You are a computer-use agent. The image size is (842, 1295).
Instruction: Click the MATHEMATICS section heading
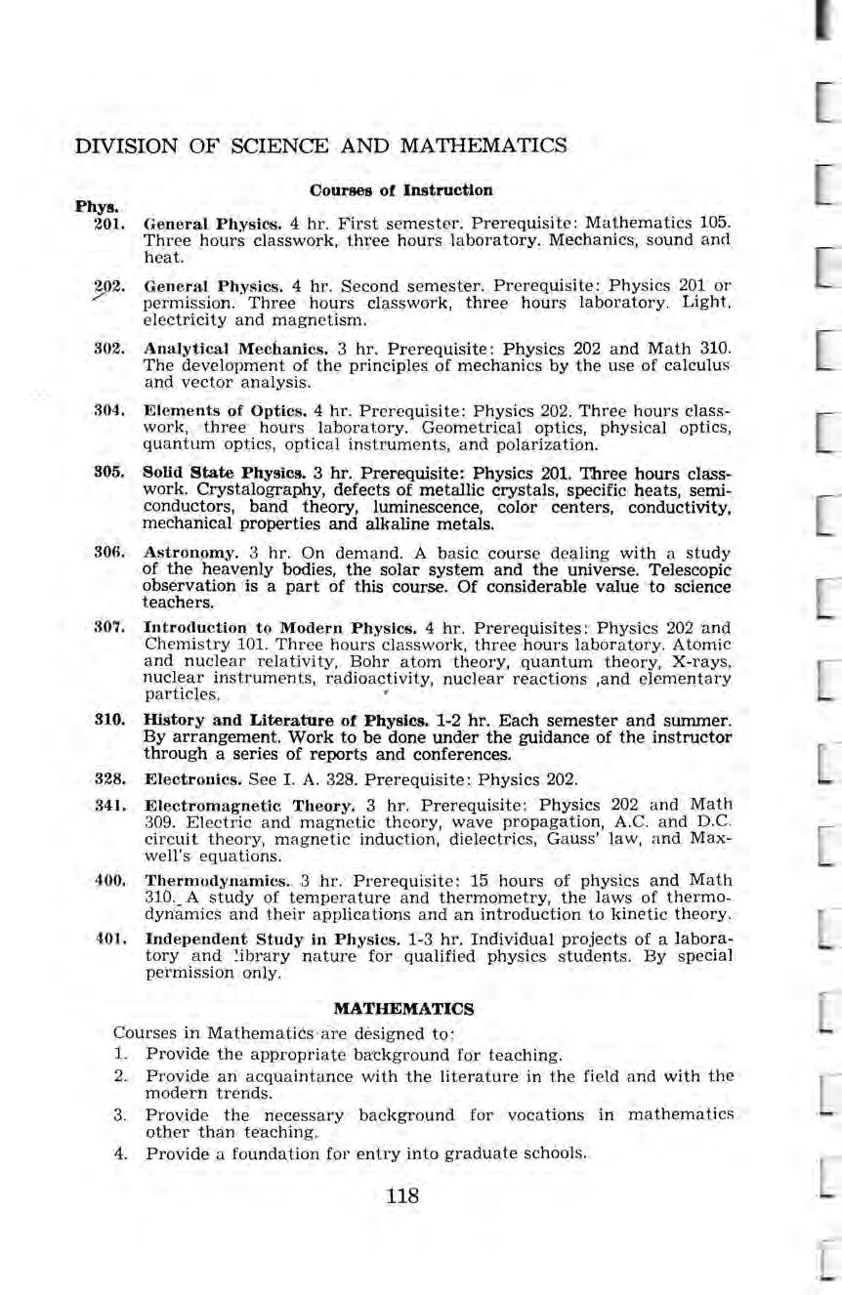pyautogui.click(x=403, y=1006)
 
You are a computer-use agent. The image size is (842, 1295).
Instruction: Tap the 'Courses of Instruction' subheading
pyautogui.click(x=400, y=189)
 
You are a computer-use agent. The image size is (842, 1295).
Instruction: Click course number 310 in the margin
pyautogui.click(x=107, y=720)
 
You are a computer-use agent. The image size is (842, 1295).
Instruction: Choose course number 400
pyautogui.click(x=107, y=880)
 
